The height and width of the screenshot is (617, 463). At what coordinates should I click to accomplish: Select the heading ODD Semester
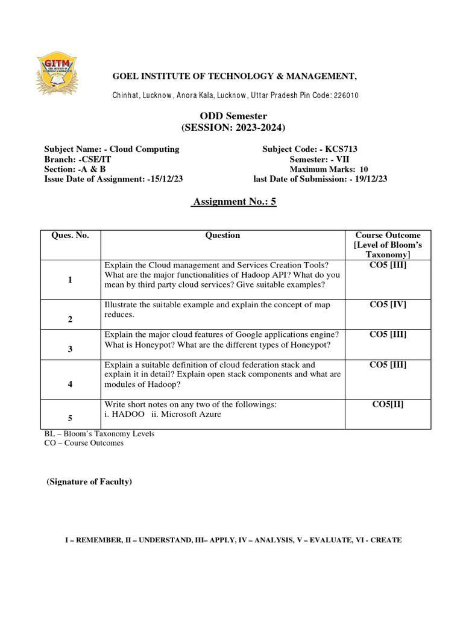(x=233, y=116)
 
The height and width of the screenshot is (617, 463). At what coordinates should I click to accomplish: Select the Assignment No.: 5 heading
(x=233, y=202)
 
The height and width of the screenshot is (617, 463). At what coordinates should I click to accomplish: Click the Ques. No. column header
(x=70, y=236)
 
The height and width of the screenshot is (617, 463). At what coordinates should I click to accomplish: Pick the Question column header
(x=222, y=236)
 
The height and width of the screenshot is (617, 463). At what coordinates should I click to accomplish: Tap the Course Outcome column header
(x=388, y=245)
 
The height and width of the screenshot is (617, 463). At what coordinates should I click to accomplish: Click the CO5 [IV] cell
(x=388, y=305)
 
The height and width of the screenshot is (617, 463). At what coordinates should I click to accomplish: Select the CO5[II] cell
(x=388, y=404)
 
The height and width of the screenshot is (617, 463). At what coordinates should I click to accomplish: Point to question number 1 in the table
(x=70, y=280)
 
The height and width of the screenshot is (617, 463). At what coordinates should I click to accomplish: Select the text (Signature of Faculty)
(x=89, y=482)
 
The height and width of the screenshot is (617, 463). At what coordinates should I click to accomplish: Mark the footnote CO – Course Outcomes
(x=84, y=443)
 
